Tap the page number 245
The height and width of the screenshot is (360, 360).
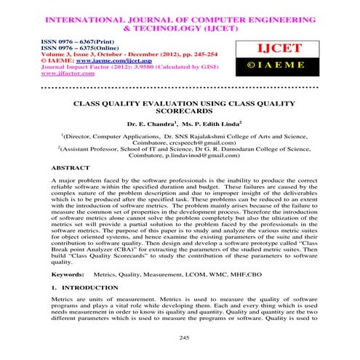[180, 337]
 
